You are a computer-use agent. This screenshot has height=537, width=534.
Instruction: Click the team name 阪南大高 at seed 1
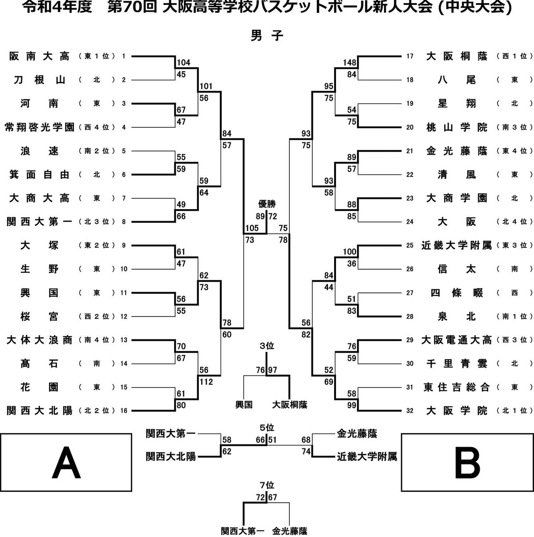coord(39,57)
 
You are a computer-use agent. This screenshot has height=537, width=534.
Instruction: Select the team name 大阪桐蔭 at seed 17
coord(457,57)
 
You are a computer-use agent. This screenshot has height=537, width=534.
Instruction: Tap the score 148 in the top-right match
coord(350,62)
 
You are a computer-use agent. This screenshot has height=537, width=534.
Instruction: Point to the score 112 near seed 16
coord(206,381)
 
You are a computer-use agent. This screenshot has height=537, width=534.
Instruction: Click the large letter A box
coord(66,462)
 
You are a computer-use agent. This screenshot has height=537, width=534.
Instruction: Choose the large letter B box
coord(467,462)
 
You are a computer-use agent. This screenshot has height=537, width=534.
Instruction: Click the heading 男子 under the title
coord(267,36)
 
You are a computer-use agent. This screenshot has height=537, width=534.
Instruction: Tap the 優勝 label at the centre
coord(267,204)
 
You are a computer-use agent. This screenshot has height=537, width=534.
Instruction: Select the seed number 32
coord(409,411)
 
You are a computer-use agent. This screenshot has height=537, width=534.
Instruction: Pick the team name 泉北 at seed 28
coord(457,317)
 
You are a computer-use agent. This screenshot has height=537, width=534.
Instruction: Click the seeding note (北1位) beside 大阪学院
coord(514,411)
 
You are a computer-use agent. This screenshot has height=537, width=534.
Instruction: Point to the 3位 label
coord(267,346)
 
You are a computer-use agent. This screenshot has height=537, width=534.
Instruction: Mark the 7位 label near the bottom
coord(267,485)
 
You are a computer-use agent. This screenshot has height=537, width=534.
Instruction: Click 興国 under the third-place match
coord(244,404)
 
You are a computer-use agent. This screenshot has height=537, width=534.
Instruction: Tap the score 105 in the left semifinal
coord(252,228)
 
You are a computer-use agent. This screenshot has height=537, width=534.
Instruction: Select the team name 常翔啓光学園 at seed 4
coord(40,127)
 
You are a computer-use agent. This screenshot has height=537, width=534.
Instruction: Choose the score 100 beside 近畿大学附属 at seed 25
coord(350,252)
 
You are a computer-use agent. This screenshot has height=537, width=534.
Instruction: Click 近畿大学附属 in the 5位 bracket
coord(367,457)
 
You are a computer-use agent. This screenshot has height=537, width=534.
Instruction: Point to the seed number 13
coord(124,340)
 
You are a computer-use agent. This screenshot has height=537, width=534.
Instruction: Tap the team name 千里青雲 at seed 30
coord(457,363)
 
